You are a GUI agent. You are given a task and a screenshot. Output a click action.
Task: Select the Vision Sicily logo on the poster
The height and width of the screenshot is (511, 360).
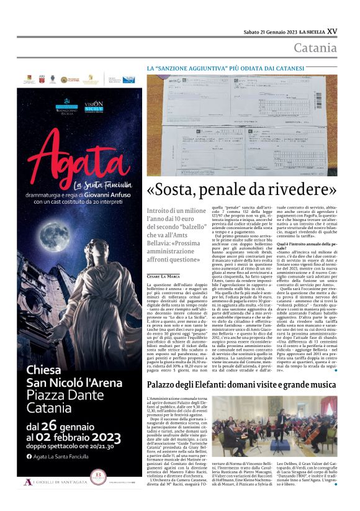[94, 106]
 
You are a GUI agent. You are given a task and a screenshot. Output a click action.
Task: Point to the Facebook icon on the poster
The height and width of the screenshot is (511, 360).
[29, 458]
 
